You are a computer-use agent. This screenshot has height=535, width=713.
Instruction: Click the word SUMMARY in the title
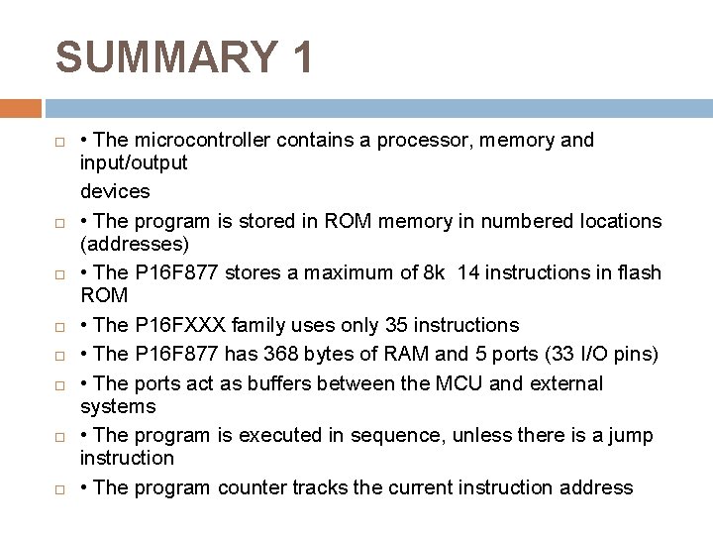pos(166,57)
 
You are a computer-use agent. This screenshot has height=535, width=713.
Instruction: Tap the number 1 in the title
pos(301,57)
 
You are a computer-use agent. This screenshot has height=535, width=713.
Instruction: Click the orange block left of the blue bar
pos(21,108)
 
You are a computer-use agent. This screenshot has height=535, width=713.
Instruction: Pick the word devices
pos(115,191)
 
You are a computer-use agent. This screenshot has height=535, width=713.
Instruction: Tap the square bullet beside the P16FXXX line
pos(60,326)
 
